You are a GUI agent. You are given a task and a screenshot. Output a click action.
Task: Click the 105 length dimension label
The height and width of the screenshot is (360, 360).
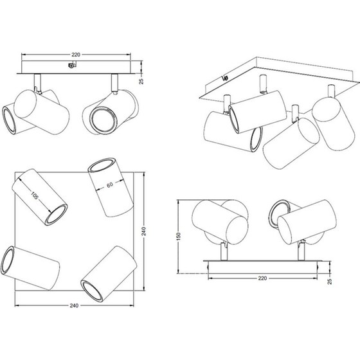[x=34, y=195]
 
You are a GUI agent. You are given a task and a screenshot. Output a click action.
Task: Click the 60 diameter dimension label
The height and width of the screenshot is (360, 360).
[x=110, y=184]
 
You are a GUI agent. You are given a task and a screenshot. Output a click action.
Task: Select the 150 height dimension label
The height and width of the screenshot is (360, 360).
[x=179, y=237]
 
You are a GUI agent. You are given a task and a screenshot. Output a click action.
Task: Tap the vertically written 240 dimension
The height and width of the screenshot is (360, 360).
[x=144, y=231]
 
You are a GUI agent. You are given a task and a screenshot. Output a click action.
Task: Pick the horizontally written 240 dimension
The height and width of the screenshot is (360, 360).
[x=74, y=305]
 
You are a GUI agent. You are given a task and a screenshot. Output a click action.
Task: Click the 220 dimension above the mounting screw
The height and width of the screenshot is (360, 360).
[x=76, y=55]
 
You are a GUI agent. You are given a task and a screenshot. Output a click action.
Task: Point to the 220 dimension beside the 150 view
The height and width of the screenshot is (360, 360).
[x=262, y=278]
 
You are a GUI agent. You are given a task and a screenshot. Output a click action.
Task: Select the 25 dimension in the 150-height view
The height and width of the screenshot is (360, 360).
[x=329, y=282]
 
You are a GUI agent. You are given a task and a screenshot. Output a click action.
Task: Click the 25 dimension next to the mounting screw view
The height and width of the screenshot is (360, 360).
[x=141, y=81]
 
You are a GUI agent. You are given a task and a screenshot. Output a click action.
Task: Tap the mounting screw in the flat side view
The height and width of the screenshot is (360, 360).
[x=72, y=65]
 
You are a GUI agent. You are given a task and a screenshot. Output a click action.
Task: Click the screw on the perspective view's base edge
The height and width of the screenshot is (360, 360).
[x=225, y=78]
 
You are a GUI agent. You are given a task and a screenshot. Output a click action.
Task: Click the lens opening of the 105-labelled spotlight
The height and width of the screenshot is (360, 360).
[x=56, y=215]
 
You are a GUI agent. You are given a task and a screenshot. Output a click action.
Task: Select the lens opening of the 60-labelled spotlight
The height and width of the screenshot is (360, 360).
[x=101, y=165]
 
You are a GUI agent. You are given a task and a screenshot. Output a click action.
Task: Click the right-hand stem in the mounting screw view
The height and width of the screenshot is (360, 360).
[x=114, y=83]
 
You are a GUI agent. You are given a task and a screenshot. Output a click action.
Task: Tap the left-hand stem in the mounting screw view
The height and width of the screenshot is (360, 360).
[x=37, y=83]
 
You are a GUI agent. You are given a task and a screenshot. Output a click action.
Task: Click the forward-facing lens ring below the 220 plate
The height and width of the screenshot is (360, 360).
[x=103, y=120]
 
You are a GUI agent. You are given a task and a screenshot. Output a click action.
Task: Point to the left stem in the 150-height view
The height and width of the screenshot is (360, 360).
[x=224, y=251]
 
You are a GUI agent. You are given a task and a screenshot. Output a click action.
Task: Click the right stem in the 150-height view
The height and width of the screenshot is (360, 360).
[x=301, y=251]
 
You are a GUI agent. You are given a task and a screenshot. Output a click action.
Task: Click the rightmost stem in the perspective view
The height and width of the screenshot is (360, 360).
[x=331, y=91]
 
